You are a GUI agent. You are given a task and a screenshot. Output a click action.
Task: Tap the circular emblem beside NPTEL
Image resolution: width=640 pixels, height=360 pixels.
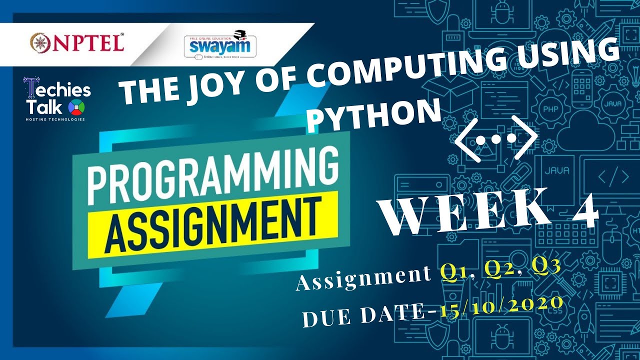[39, 42]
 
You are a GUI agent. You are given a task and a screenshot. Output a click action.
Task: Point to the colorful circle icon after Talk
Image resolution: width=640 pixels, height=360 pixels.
[79, 107]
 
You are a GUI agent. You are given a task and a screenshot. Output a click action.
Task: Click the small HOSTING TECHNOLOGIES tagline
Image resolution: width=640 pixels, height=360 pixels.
[55, 119]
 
